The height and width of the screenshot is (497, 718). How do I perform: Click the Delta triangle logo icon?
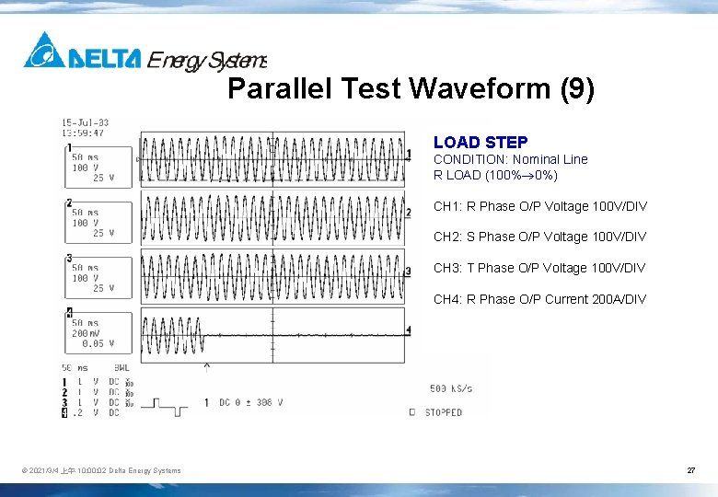[x=44, y=51]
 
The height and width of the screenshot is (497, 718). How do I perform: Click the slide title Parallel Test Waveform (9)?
[x=411, y=89]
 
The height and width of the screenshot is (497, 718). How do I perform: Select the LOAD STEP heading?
[x=481, y=143]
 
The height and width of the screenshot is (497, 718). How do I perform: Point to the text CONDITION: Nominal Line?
[x=510, y=159]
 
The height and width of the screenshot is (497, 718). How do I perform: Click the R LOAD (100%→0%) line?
[x=495, y=175]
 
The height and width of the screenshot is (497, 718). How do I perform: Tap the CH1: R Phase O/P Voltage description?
[x=539, y=206]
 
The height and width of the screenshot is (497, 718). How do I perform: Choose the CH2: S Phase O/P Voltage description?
[x=539, y=237]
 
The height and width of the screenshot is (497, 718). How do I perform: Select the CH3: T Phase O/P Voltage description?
[x=539, y=268]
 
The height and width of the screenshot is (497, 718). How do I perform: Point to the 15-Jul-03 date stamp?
[x=85, y=122]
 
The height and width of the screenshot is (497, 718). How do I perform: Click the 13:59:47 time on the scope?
[x=83, y=133]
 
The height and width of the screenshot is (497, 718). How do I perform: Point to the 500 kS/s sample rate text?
[x=450, y=388]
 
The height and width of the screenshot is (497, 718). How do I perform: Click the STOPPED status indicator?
[x=442, y=412]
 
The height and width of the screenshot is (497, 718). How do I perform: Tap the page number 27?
[x=690, y=470]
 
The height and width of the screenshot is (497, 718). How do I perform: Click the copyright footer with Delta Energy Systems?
[x=101, y=471]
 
